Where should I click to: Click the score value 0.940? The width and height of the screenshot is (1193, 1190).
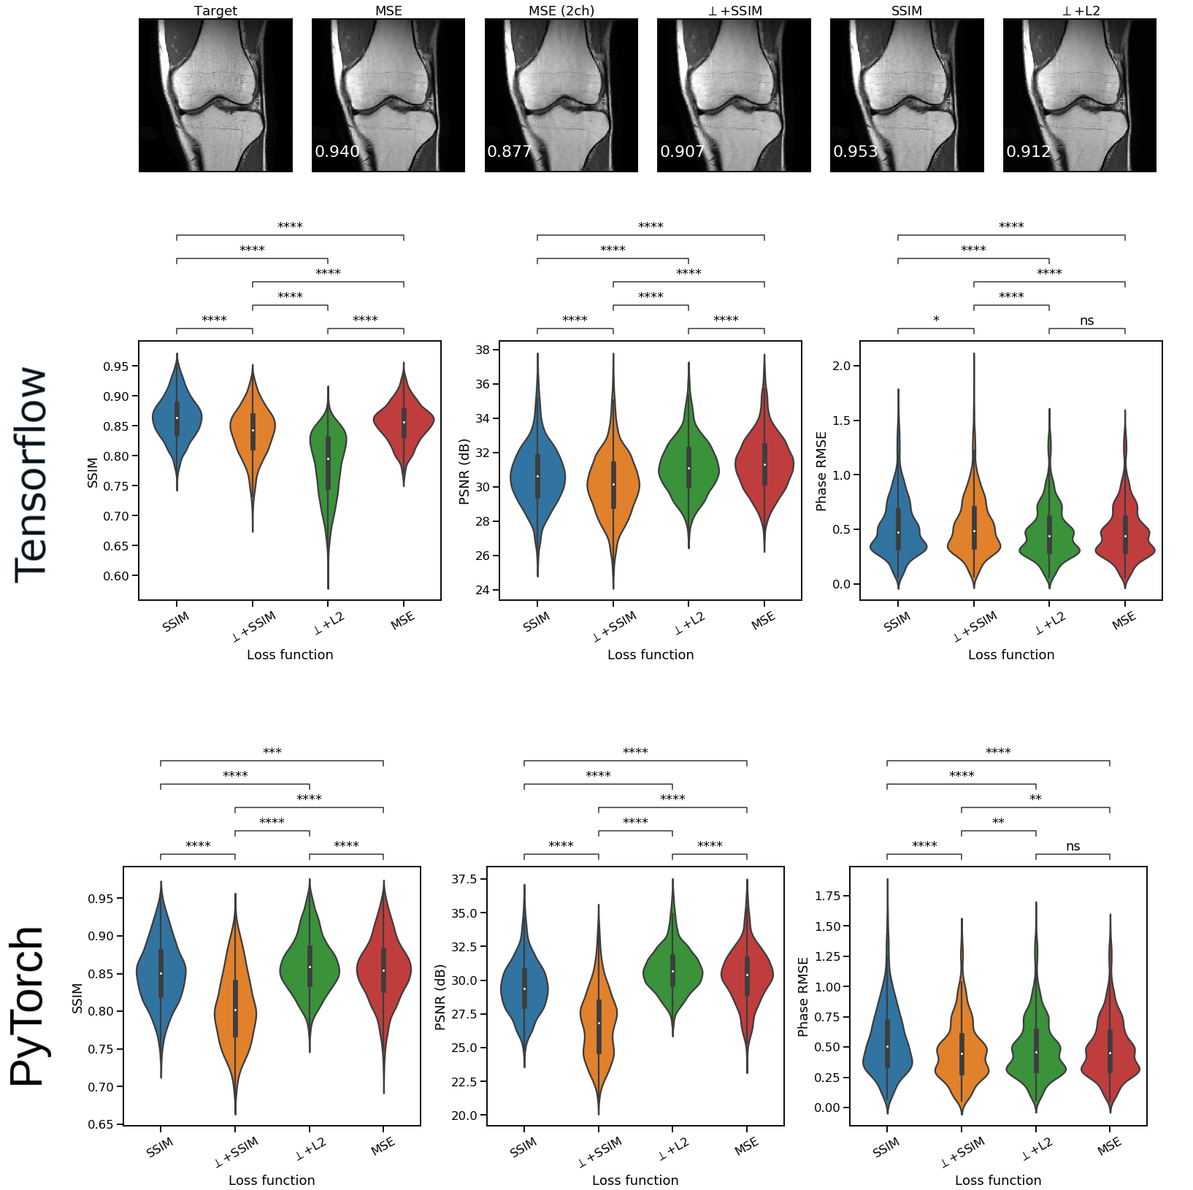pos(337,152)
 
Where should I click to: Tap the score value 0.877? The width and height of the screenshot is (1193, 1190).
pos(509,152)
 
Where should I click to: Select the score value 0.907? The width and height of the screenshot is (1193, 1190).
pos(682,152)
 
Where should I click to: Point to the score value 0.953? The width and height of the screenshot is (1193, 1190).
pos(855,152)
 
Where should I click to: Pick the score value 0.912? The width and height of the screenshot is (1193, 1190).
pos(1028,152)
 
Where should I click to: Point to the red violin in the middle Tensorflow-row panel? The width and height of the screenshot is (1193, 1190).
pos(764,464)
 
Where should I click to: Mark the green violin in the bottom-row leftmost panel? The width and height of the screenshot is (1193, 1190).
pos(310,967)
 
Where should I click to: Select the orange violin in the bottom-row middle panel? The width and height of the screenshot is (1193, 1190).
pos(599,1022)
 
